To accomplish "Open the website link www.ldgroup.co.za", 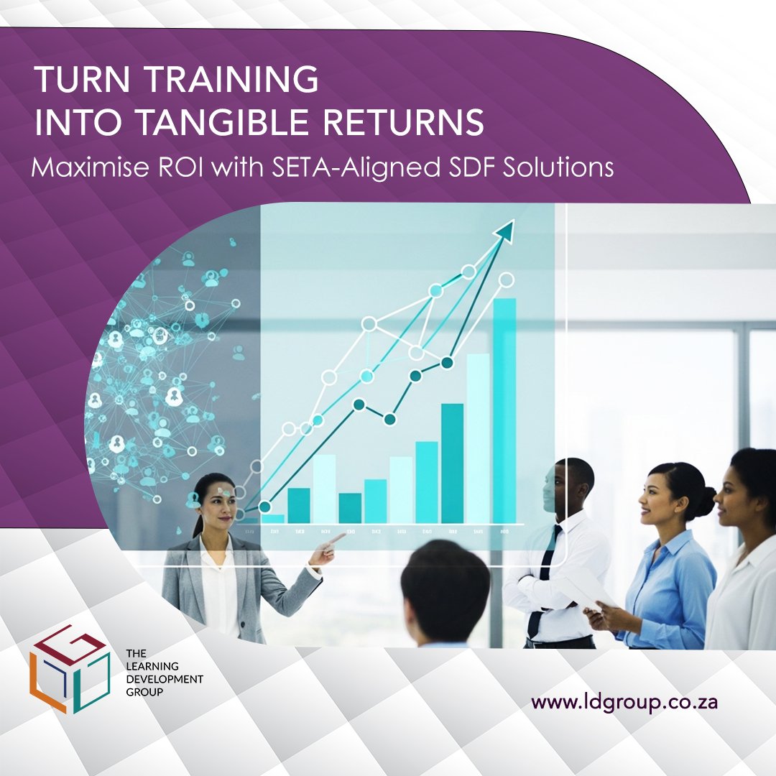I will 625,701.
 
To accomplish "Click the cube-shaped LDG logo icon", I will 69,668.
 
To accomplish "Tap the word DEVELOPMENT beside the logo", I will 164,679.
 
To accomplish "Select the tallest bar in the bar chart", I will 504,410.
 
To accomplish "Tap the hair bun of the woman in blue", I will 705,502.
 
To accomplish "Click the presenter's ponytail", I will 195,521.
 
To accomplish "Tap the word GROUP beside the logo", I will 140,692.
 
